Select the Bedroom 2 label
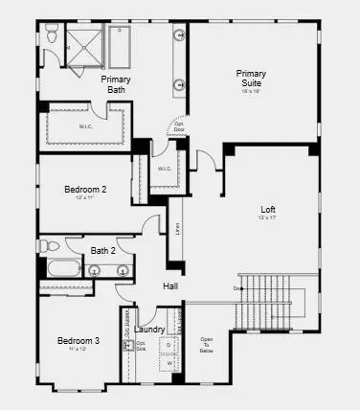tap(85, 190)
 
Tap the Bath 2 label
tap(103, 250)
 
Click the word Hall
tap(170, 286)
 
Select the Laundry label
tap(149, 329)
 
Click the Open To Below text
tap(207, 345)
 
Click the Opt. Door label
tap(178, 126)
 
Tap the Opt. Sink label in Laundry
tap(140, 346)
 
